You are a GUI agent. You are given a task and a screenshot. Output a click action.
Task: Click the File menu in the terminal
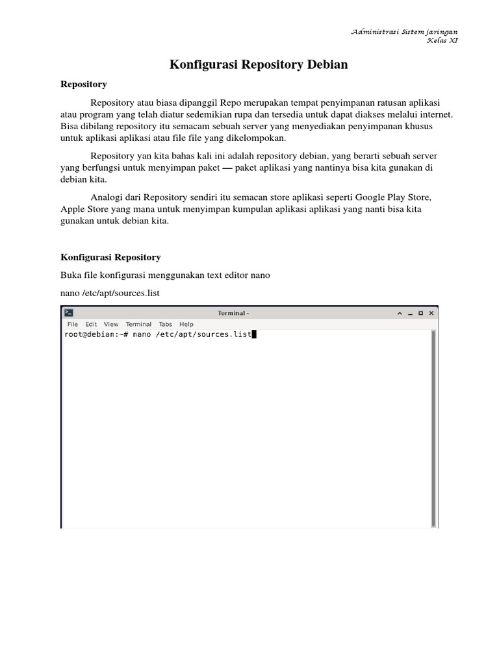point(72,324)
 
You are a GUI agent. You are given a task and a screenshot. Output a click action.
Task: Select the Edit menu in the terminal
point(91,324)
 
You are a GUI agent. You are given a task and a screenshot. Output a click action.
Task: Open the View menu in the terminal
point(111,324)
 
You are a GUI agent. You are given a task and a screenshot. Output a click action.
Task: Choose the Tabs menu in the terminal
point(166,324)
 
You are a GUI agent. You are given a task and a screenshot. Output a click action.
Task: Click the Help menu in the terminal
point(186,324)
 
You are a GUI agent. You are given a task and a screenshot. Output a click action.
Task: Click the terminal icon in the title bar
point(69,313)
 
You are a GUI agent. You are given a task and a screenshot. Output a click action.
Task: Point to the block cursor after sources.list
point(254,334)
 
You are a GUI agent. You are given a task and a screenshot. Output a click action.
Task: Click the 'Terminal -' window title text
point(233,313)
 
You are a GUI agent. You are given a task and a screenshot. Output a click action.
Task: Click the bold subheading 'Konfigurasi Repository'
point(110,257)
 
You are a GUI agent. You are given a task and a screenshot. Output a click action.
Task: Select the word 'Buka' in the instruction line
point(70,275)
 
